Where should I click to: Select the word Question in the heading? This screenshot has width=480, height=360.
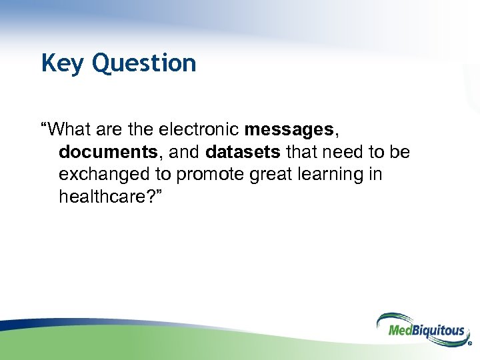144,63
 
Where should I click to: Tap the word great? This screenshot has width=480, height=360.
269,174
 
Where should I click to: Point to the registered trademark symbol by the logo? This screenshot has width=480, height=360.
470,345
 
